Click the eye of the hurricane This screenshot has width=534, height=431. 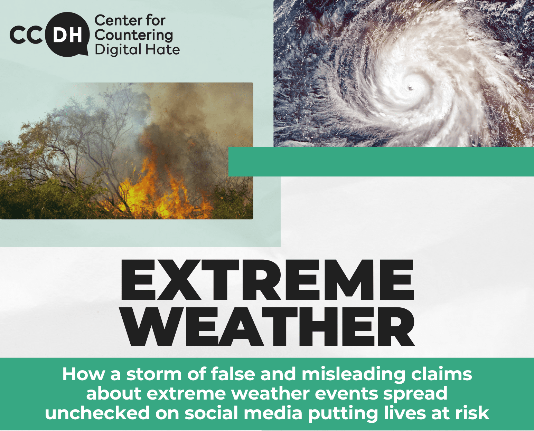[x=410, y=88]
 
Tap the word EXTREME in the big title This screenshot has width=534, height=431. [x=267, y=280]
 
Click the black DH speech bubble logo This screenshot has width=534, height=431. [x=67, y=34]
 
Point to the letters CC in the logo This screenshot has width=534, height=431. [x=26, y=36]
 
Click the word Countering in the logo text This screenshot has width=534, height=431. [x=134, y=35]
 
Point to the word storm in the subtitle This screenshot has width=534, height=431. [x=154, y=374]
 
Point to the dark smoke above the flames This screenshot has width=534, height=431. [x=170, y=120]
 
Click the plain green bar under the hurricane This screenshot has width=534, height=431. [x=381, y=162]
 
